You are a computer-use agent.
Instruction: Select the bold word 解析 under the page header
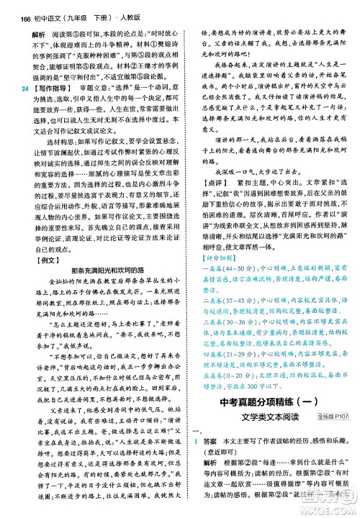pos(33,27)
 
